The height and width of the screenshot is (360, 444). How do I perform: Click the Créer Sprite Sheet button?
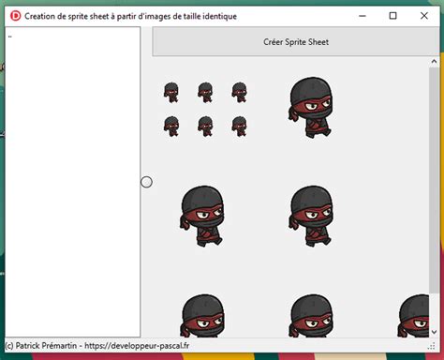coord(296,42)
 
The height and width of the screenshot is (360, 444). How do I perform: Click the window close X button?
coord(423,16)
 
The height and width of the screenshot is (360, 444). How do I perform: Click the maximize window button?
coord(392,16)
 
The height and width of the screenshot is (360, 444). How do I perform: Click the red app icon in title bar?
coord(14,16)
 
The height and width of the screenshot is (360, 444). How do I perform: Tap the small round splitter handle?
coord(146,182)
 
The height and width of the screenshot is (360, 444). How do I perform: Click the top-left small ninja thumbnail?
coord(171,92)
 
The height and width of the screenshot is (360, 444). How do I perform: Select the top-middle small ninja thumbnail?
coord(205,92)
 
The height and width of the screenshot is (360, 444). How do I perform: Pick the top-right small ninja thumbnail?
coord(239,92)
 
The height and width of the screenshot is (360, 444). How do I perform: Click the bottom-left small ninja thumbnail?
coord(171,126)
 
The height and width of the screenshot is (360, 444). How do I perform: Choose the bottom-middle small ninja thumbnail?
coord(205,126)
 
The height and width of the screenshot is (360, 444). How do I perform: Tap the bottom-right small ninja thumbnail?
coord(239,126)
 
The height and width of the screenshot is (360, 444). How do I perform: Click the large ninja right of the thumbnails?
coord(309,108)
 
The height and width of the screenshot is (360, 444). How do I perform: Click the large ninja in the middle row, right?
coord(309,216)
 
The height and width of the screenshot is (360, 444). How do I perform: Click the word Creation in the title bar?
coord(45,16)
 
